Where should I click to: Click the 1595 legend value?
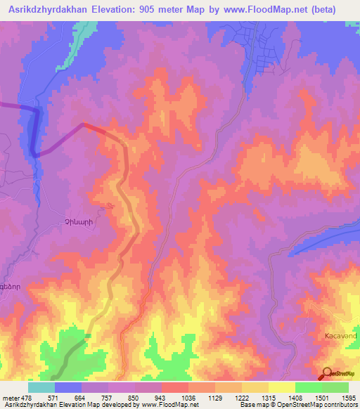point(348,398)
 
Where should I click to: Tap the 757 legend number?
point(107,398)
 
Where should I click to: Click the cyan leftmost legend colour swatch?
point(41,387)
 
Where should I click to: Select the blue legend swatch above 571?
point(68,387)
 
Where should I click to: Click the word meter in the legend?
point(9,398)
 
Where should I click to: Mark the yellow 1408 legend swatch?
point(282,387)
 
